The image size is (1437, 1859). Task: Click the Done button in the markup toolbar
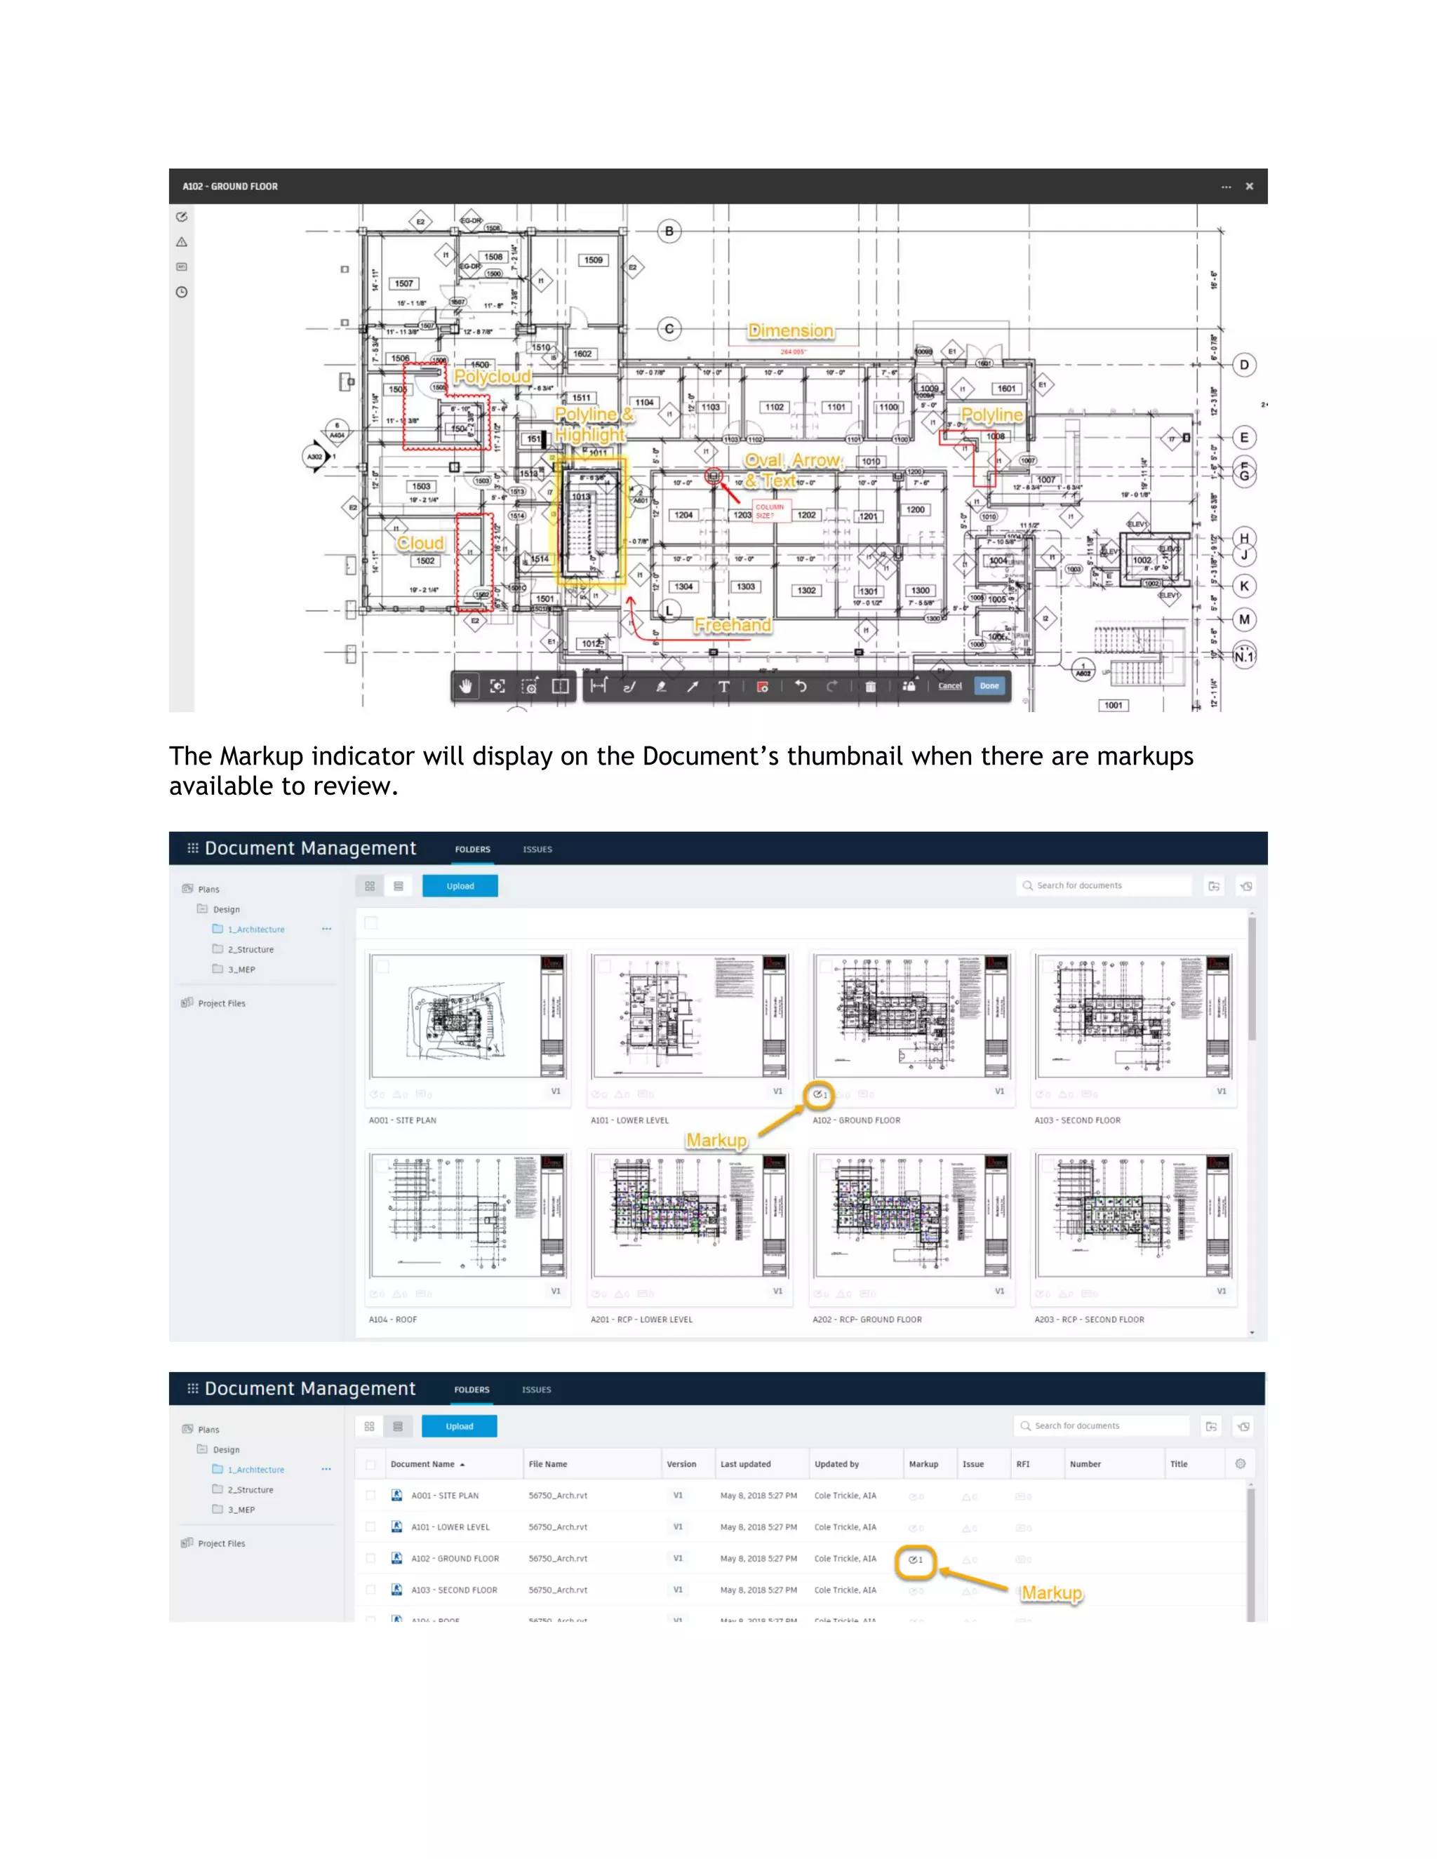[989, 686]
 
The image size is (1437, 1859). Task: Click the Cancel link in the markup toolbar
[949, 686]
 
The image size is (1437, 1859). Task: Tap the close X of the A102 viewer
[1249, 187]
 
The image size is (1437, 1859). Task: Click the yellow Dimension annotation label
[790, 330]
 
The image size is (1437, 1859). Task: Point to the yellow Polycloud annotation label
[492, 376]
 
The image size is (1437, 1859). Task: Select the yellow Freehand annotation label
[732, 625]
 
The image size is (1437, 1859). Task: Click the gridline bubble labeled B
[669, 231]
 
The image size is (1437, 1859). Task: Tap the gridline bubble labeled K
[1244, 586]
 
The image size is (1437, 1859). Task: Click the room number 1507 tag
[403, 283]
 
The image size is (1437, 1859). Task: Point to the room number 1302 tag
[806, 590]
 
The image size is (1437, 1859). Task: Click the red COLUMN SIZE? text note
[769, 511]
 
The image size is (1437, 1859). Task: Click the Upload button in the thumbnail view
[460, 886]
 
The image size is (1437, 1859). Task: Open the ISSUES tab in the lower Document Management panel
[536, 1389]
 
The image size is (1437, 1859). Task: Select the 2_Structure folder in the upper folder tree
[250, 949]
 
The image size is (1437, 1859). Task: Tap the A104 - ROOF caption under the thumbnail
[392, 1320]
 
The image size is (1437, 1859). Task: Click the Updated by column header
[836, 1464]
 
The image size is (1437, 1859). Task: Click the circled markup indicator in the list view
[915, 1560]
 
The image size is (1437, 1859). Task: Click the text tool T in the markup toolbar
[723, 687]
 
